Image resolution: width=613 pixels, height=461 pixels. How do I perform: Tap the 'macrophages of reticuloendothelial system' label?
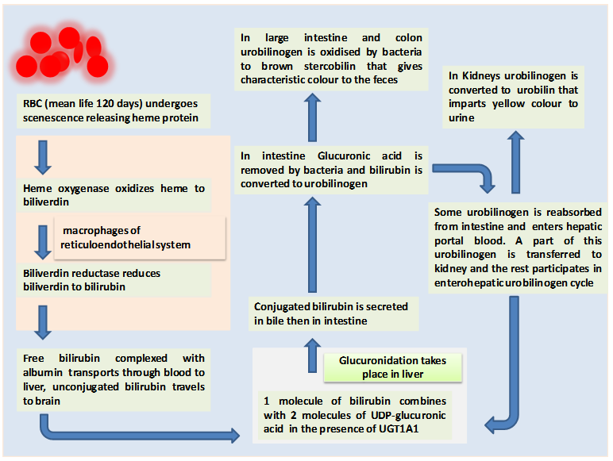[x=127, y=237]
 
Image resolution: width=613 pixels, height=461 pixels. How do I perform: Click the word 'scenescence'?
[x=56, y=119]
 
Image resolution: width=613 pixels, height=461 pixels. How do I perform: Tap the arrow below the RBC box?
[x=44, y=158]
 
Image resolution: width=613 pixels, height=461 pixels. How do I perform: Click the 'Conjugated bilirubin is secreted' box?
[x=330, y=313]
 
